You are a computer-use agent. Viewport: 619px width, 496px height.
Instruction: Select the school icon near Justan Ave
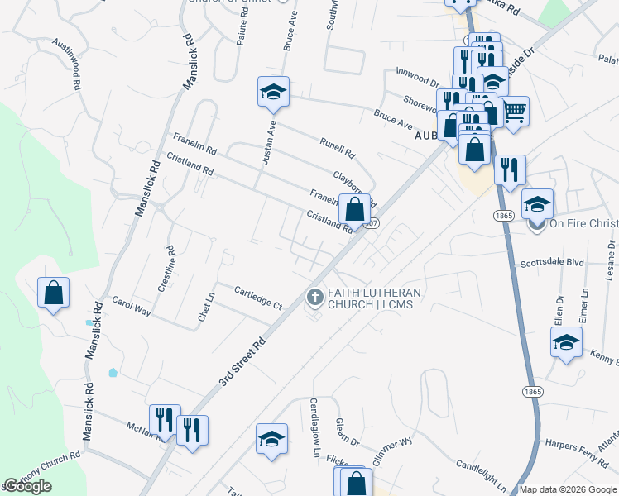(x=272, y=93)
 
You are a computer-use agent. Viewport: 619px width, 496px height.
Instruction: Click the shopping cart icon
(x=514, y=111)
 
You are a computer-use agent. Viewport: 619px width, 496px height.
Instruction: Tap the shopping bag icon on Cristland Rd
(x=354, y=210)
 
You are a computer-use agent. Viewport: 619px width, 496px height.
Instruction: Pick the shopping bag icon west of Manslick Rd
(x=53, y=293)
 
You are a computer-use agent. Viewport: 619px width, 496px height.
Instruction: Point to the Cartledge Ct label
(x=258, y=298)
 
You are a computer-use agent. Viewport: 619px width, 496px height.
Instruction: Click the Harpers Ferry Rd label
(x=575, y=444)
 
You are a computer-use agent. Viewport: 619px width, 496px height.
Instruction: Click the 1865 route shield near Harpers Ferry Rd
(x=531, y=389)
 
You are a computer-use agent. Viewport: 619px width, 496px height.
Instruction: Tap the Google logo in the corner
(x=27, y=486)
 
